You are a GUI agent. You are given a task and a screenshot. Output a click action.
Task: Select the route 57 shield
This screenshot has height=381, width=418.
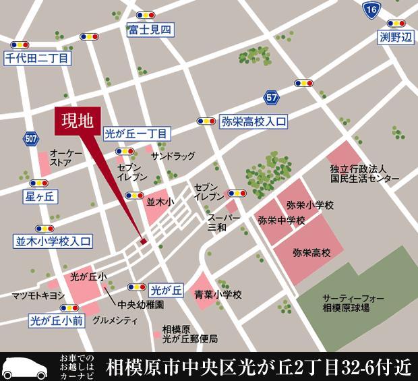tap(272, 98)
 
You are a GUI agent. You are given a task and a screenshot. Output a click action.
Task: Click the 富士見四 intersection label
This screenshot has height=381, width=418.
tap(150, 30)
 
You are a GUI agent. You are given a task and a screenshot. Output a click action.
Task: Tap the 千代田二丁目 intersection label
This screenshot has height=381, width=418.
tap(37, 59)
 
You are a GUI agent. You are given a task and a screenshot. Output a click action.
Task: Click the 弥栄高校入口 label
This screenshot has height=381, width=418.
tap(253, 121)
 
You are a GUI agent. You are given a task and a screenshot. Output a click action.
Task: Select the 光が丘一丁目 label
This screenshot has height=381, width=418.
tap(137, 134)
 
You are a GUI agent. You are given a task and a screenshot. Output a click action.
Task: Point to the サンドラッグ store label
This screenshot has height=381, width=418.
tap(173, 155)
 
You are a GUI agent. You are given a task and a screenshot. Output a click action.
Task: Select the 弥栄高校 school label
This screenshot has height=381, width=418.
tap(312, 253)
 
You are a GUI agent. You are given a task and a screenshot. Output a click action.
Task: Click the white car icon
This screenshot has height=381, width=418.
tap(25, 367)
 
